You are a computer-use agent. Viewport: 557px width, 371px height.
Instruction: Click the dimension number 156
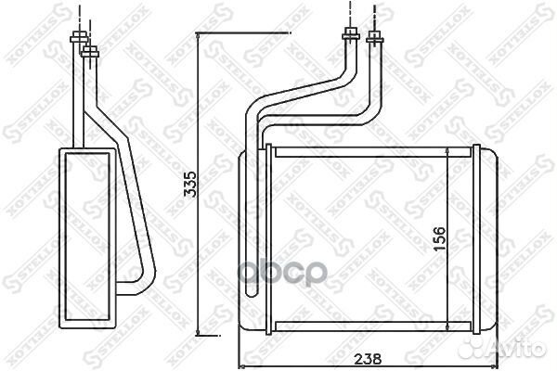point(439,237)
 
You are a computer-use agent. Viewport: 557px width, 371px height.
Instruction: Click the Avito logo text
point(524,350)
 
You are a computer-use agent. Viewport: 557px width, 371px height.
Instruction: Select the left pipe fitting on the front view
point(351,37)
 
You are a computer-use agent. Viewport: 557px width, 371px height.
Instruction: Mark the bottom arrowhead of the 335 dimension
point(200,333)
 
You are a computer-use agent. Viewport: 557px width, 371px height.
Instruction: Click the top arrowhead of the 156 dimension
point(449,151)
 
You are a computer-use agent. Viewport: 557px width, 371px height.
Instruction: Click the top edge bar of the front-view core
point(371,148)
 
